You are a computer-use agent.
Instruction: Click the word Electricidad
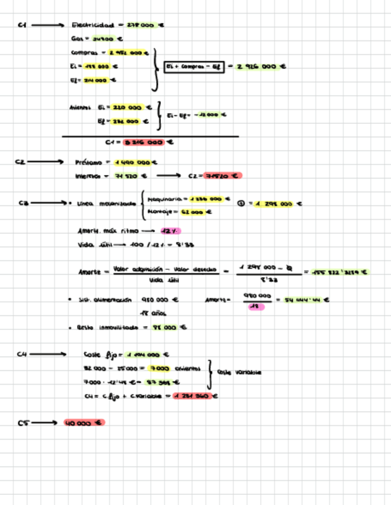pyautogui.click(x=92, y=25)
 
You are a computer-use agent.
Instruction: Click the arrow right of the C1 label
pyautogui.click(x=48, y=25)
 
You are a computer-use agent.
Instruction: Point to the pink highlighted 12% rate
pyautogui.click(x=170, y=231)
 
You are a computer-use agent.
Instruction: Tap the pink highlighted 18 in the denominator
pyautogui.click(x=256, y=307)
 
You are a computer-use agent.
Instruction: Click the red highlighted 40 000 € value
pyautogui.click(x=84, y=423)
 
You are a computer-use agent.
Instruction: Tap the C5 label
pyautogui.click(x=23, y=423)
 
